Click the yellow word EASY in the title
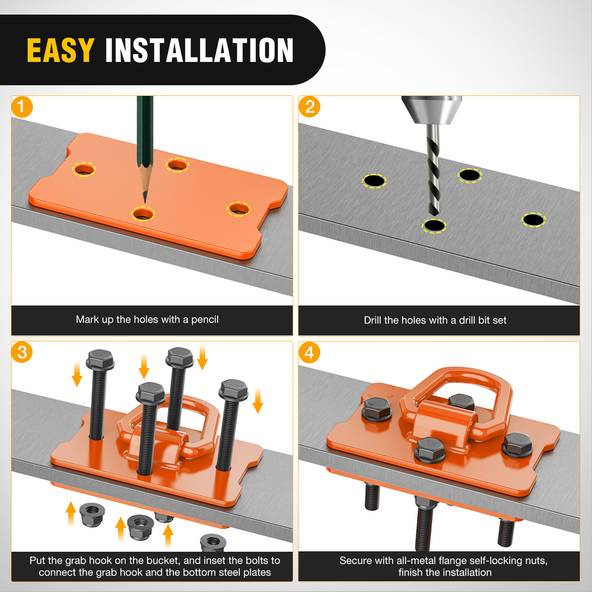click(60, 50)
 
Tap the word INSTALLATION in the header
click(199, 50)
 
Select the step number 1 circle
click(22, 107)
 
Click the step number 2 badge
click(309, 107)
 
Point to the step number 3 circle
click(22, 352)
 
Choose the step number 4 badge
click(309, 353)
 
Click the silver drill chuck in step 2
click(432, 110)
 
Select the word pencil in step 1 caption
click(205, 320)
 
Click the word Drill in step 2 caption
click(372, 320)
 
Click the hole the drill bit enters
click(434, 226)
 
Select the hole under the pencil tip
click(143, 214)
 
